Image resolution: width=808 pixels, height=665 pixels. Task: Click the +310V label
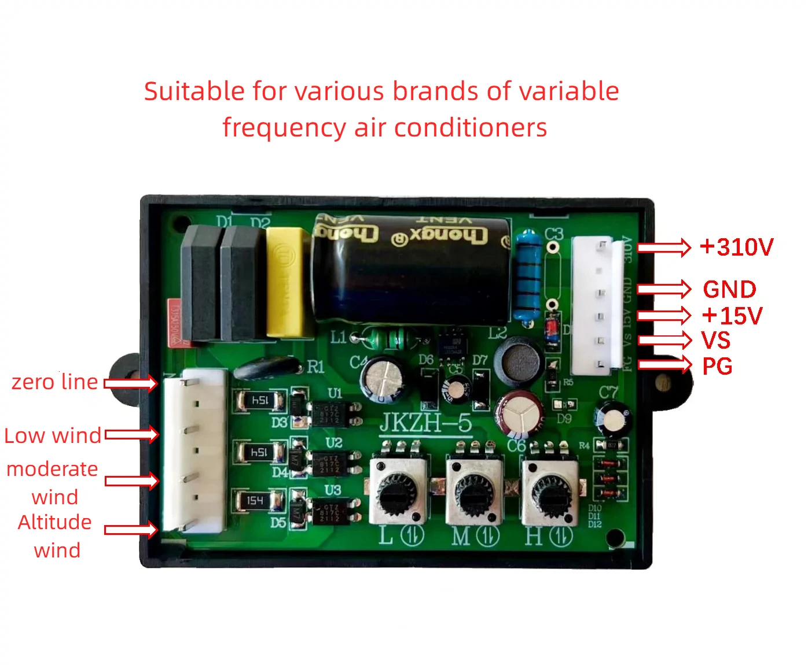[737, 247]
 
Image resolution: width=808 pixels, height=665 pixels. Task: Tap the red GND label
[729, 289]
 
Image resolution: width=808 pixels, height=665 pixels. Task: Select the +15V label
[732, 316]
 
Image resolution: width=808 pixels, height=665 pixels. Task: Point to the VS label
[716, 341]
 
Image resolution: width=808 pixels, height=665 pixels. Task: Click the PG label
[717, 366]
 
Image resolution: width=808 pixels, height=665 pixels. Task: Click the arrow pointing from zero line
[131, 383]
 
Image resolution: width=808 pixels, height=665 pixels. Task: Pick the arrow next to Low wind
[131, 435]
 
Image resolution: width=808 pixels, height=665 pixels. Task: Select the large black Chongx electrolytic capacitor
[411, 269]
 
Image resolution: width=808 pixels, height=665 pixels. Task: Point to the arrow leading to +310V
[664, 247]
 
